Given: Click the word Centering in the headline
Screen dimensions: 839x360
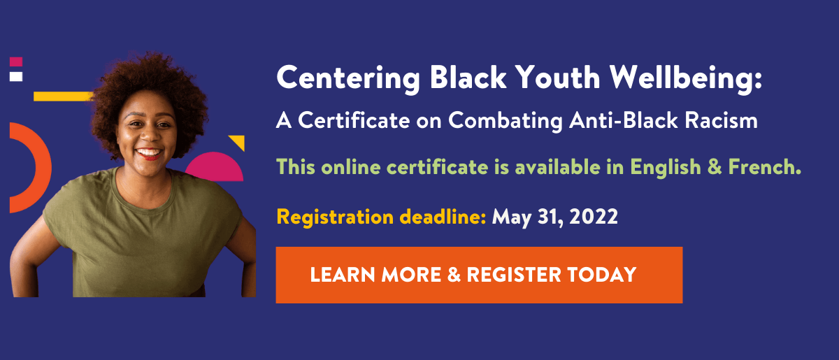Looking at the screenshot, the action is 348,80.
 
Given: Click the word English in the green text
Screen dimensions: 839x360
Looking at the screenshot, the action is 665,167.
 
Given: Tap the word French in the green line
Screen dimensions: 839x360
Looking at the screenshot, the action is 764,166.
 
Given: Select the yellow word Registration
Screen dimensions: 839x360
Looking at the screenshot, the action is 335,217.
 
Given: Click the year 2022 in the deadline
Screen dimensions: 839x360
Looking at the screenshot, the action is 594,217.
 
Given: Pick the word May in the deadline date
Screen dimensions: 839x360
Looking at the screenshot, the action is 511,218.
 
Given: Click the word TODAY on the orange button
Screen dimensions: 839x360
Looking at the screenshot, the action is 601,275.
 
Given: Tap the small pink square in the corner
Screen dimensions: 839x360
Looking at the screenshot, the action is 16,62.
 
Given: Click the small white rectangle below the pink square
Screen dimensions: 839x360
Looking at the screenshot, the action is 16,76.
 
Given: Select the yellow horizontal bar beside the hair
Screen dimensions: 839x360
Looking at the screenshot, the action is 63,96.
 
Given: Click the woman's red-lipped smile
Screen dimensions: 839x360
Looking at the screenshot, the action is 149,154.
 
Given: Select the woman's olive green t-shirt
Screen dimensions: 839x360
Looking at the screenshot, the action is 143,236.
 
